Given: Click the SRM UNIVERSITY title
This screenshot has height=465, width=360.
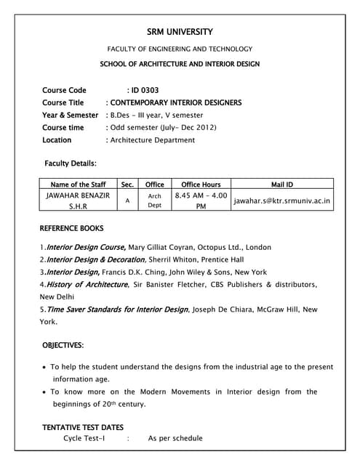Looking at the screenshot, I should click(x=180, y=32).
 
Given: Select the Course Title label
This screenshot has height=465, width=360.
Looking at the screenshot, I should click(x=63, y=103).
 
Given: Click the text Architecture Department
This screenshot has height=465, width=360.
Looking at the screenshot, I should click(x=153, y=140).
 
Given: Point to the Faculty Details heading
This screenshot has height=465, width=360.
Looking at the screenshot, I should click(x=71, y=163).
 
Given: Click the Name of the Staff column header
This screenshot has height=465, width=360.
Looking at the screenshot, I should click(x=78, y=185).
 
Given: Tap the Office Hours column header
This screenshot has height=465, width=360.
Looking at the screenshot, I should click(x=201, y=185).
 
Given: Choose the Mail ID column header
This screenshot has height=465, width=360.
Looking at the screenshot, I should click(x=282, y=185).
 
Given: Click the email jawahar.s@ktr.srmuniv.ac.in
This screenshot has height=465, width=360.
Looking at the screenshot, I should click(x=282, y=201).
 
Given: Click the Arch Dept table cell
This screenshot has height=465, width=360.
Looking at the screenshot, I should click(x=155, y=201).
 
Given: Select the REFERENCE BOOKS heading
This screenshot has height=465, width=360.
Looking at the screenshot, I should click(x=72, y=228).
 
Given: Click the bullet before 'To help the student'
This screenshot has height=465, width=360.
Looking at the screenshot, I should click(x=46, y=367).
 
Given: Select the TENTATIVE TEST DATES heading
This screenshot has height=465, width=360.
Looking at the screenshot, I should click(x=82, y=427).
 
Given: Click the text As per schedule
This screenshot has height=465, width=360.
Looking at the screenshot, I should click(x=175, y=439).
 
